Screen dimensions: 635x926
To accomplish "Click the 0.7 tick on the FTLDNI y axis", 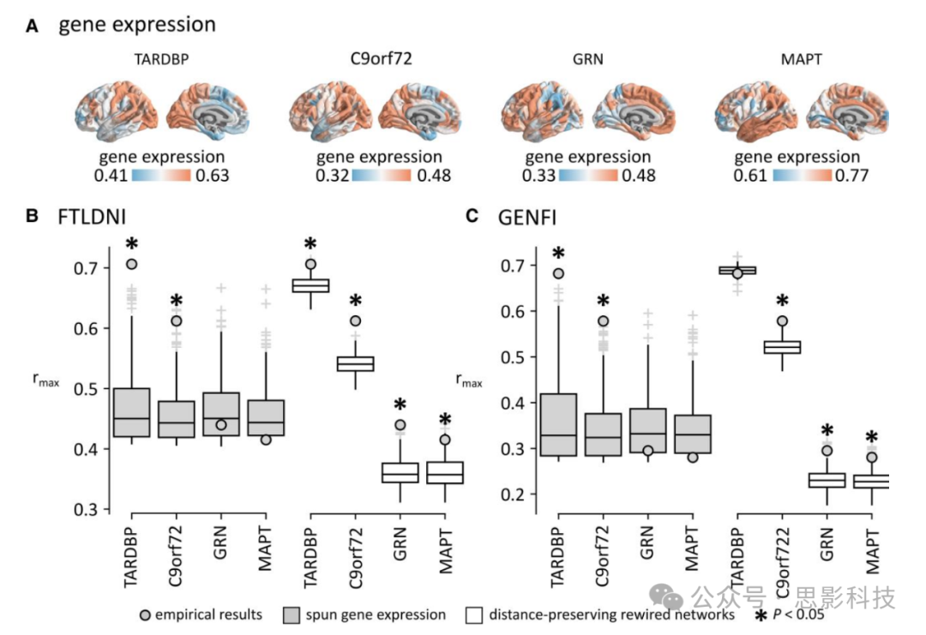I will coord(84,268).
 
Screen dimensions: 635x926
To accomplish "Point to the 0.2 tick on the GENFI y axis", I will coord(513,494).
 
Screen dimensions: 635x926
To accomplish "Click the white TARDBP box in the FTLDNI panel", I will coord(311,285).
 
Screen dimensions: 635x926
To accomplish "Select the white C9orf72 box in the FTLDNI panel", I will coord(355,363).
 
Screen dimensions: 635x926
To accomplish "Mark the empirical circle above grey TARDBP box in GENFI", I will coord(558,273).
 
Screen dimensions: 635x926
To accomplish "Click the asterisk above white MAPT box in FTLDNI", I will coord(445,420).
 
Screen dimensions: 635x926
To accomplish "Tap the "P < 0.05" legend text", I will coord(801,614).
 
